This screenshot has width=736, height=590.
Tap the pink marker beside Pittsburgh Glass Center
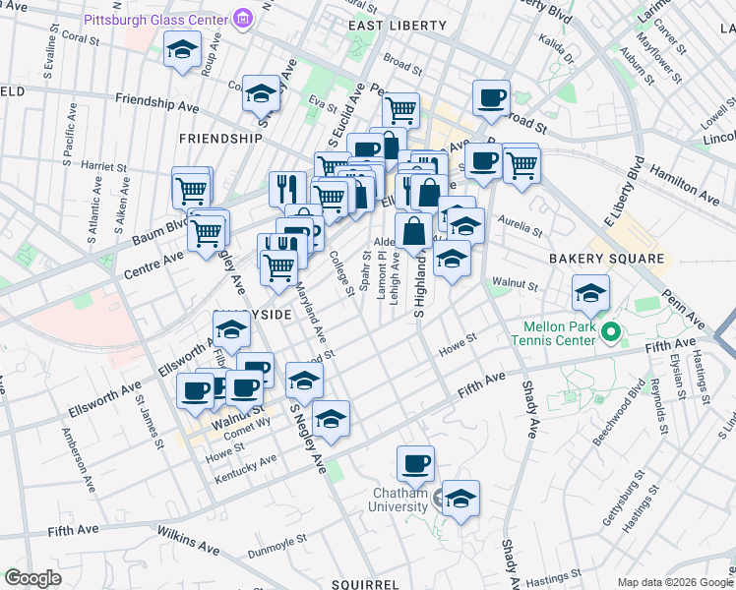pyautogui.click(x=241, y=19)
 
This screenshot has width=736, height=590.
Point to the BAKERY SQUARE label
pyautogui.click(x=599, y=259)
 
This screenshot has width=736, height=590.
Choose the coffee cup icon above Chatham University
pyautogui.click(x=415, y=462)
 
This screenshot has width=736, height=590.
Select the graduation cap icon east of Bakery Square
pyautogui.click(x=590, y=291)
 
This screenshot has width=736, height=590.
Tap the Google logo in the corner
pyautogui.click(x=33, y=578)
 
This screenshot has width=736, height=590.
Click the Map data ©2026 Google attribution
pyautogui.click(x=674, y=582)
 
